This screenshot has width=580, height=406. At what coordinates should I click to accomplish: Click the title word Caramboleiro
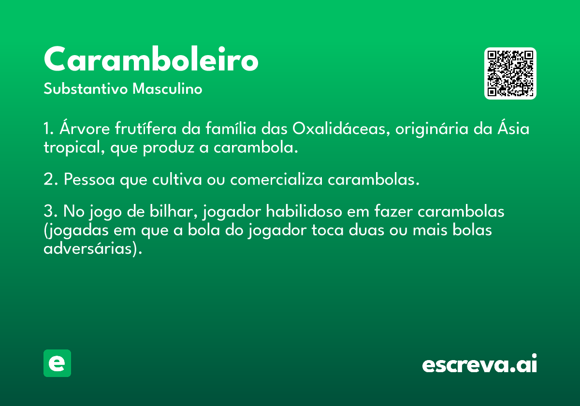tap(151, 58)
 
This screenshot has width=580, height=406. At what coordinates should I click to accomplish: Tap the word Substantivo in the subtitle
tap(86, 89)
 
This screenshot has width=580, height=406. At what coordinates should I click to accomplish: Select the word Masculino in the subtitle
tap(167, 88)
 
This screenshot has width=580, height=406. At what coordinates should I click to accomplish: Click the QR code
tap(510, 73)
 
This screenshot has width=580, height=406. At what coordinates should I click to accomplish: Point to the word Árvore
tap(85, 128)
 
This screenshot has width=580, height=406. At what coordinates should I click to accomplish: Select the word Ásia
tap(513, 128)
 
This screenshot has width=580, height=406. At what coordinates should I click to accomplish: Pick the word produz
tap(169, 148)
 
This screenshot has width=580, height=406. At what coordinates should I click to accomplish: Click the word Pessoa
tap(89, 179)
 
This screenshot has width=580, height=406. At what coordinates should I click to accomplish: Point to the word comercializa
tap(276, 179)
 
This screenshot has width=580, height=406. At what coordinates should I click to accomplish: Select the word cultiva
tap(177, 179)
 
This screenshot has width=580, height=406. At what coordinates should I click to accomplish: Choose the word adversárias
tap(88, 248)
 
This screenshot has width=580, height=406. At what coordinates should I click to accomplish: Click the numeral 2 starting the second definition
tap(48, 179)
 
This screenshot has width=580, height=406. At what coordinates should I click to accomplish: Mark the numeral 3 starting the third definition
tap(48, 211)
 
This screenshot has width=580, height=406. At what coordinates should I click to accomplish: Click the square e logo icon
tap(57, 363)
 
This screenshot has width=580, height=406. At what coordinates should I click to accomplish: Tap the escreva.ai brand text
tap(479, 363)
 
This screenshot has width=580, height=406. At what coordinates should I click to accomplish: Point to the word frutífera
tap(145, 128)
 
